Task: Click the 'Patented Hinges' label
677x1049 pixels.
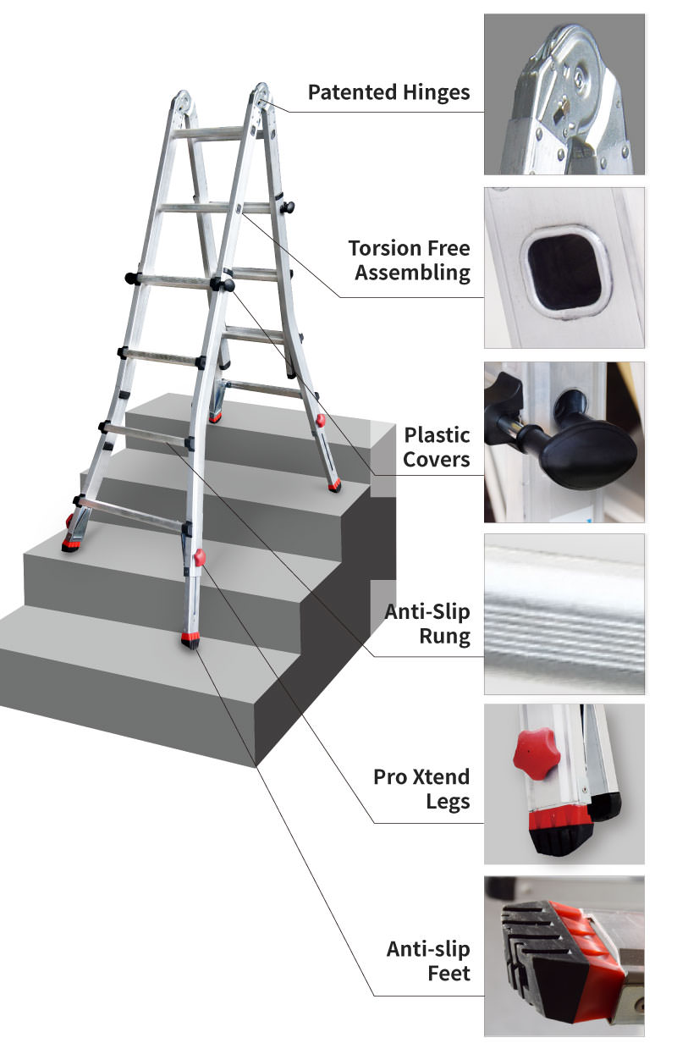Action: [388, 93]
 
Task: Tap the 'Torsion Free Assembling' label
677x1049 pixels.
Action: [410, 261]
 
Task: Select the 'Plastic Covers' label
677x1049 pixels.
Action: [437, 447]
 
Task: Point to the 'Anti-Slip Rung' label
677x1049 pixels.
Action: [427, 624]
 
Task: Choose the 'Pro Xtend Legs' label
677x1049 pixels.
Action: [421, 790]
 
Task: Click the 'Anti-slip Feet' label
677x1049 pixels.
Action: [428, 961]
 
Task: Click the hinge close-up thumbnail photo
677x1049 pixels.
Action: [564, 94]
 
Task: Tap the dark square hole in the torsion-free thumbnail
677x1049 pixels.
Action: [564, 272]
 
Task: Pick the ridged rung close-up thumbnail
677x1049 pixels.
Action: [564, 614]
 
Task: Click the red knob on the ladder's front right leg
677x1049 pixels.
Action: [200, 557]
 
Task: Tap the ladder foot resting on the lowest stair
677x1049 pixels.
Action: [190, 641]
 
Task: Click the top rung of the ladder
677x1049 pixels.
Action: [209, 133]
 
